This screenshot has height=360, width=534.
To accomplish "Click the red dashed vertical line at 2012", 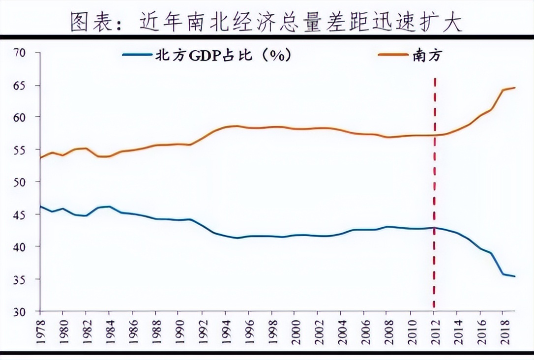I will (434, 197).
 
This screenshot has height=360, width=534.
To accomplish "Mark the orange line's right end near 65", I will (514, 88).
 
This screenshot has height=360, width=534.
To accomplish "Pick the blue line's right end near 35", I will (514, 276).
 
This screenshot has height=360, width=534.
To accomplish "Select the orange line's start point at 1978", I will (41, 158).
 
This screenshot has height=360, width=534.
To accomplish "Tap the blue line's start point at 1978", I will (41, 207).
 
